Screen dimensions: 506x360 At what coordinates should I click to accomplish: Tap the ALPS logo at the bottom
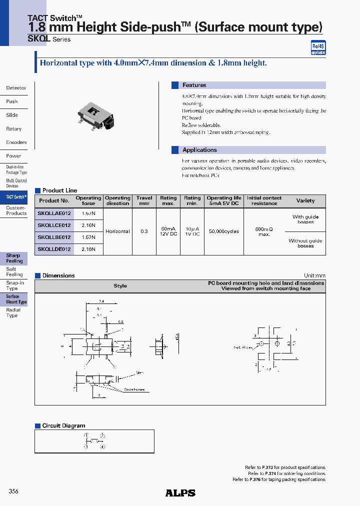click(x=180, y=493)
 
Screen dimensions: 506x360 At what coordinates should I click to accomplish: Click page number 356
click(x=13, y=491)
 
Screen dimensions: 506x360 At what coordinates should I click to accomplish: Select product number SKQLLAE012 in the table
click(x=54, y=213)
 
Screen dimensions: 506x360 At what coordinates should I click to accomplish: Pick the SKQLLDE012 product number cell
click(x=54, y=249)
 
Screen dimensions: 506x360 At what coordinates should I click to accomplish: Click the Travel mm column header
click(x=144, y=200)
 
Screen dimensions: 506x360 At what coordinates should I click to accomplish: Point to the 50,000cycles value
click(x=223, y=231)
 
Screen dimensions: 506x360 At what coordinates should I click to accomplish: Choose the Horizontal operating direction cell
click(x=117, y=231)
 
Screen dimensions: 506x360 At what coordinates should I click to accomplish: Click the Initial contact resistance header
click(x=264, y=200)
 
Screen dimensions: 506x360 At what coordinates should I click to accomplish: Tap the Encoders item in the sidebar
click(x=16, y=142)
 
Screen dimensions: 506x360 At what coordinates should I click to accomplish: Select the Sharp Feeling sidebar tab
click(x=14, y=258)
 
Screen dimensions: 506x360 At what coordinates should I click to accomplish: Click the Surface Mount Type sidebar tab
click(x=16, y=299)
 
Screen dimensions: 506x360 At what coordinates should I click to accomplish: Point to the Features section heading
click(x=194, y=85)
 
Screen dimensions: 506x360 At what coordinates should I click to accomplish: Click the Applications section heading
click(x=199, y=150)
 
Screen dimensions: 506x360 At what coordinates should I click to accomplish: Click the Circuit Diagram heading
click(x=63, y=425)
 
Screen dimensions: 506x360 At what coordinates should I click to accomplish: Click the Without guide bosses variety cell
click(x=305, y=243)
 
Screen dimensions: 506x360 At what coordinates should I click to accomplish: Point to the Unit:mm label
click(x=314, y=275)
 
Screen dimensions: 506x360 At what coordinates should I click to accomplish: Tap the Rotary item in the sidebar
click(x=14, y=129)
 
